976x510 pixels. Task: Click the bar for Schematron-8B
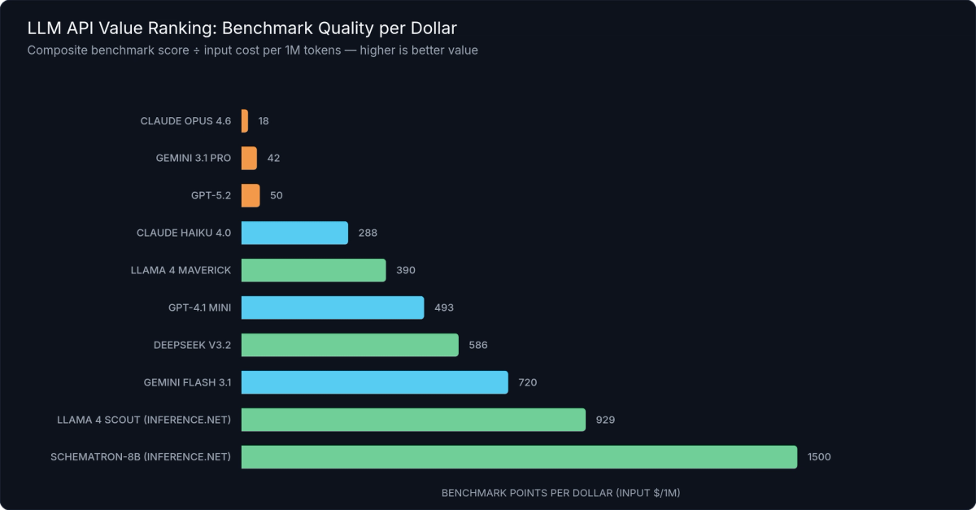519,457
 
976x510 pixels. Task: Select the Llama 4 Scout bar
413,420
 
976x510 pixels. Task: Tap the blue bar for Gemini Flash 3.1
374,382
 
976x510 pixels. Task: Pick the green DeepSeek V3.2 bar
350,345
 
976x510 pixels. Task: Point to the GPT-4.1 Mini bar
333,307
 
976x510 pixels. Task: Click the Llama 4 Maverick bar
313,270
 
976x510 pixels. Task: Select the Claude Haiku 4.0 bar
294,233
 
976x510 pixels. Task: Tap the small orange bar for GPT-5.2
251,195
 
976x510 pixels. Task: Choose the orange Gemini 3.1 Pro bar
249,158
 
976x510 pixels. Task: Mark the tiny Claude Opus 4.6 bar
245,120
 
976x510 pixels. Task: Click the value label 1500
819,457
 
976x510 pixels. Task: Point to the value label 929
605,420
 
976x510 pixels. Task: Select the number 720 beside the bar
528,382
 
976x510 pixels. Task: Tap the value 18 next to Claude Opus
264,120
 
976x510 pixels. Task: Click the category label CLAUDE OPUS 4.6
185,120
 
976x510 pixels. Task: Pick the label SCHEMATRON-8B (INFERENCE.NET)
141,457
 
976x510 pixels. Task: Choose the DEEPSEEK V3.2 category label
192,345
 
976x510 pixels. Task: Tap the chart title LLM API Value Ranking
242,28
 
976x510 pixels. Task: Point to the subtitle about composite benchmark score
252,50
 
